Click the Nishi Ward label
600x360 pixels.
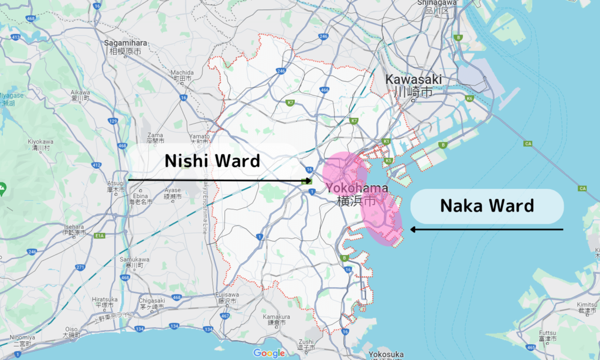point(212,161)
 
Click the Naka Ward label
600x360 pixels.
point(487,206)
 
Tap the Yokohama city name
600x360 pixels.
point(357,194)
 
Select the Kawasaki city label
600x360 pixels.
point(413,86)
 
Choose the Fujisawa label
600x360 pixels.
point(225,297)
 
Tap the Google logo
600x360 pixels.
point(269,353)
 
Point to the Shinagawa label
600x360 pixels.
point(434,6)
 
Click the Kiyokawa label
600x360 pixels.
point(40,145)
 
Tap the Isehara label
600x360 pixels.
point(74,229)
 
